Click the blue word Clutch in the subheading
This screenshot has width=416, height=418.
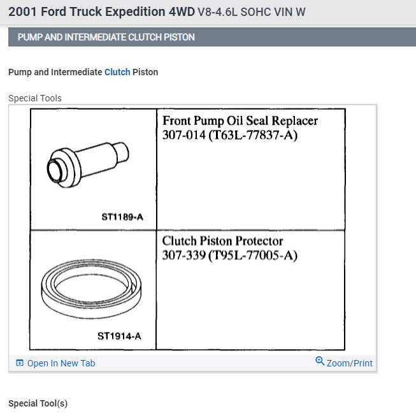click(x=117, y=72)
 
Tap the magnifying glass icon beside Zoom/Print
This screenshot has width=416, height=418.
click(x=320, y=361)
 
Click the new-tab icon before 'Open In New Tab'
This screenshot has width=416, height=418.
click(x=20, y=363)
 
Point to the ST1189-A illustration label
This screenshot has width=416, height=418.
click(x=122, y=217)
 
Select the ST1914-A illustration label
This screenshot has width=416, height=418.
click(x=119, y=336)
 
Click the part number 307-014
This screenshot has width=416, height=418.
click(x=184, y=135)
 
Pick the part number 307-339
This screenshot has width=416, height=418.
click(x=184, y=256)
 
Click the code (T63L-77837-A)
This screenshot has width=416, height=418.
click(x=253, y=135)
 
